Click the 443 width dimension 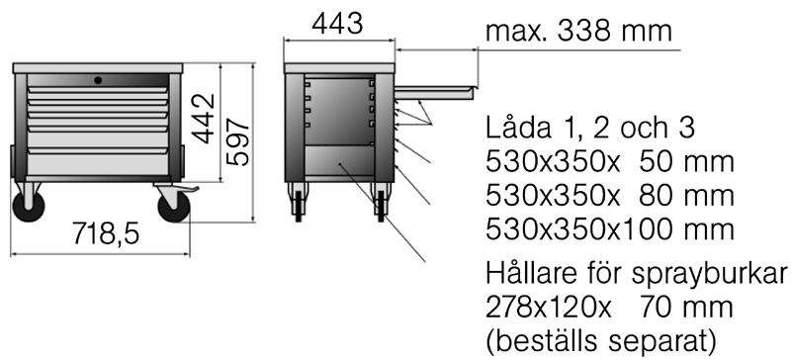click(x=337, y=23)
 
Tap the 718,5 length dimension click(x=106, y=233)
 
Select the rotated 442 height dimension click(x=204, y=119)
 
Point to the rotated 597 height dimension click(x=237, y=141)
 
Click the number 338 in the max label click(x=583, y=31)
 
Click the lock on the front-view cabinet click(x=98, y=80)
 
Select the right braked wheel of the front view click(x=174, y=207)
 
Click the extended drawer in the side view click(x=434, y=92)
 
